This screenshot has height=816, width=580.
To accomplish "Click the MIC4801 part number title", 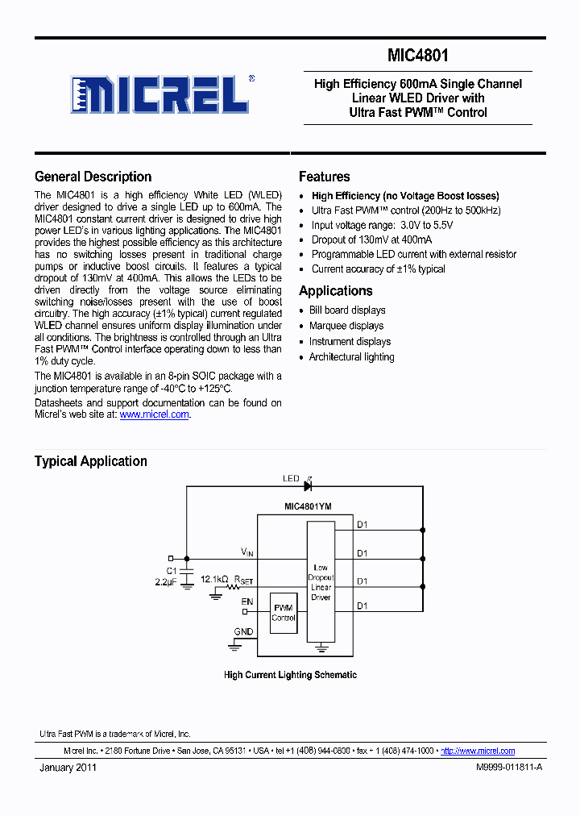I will (418, 56).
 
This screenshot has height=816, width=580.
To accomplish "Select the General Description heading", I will (93, 177).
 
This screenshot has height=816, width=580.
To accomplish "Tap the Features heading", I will (324, 177).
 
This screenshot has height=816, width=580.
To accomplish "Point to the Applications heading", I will (335, 291).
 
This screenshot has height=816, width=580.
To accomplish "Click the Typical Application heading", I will (90, 461).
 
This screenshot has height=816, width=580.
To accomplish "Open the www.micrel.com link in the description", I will (154, 414).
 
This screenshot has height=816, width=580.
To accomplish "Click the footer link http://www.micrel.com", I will (478, 751).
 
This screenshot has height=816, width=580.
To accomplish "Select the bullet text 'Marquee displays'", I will (346, 326).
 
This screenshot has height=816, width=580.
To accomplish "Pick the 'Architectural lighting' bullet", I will (351, 357).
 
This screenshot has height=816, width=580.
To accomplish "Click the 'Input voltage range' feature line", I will (382, 225).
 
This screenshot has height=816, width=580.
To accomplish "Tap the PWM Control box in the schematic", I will (284, 613).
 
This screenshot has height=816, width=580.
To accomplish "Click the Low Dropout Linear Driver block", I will (321, 583).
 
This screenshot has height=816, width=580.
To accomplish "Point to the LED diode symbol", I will (308, 485).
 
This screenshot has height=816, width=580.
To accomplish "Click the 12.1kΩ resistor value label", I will (214, 579).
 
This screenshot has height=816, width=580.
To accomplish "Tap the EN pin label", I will (247, 601).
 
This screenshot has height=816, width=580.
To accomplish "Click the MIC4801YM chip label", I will (308, 506).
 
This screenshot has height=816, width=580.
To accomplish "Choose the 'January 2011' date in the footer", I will (68, 768).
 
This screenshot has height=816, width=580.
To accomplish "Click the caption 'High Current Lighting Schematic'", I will (290, 675).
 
